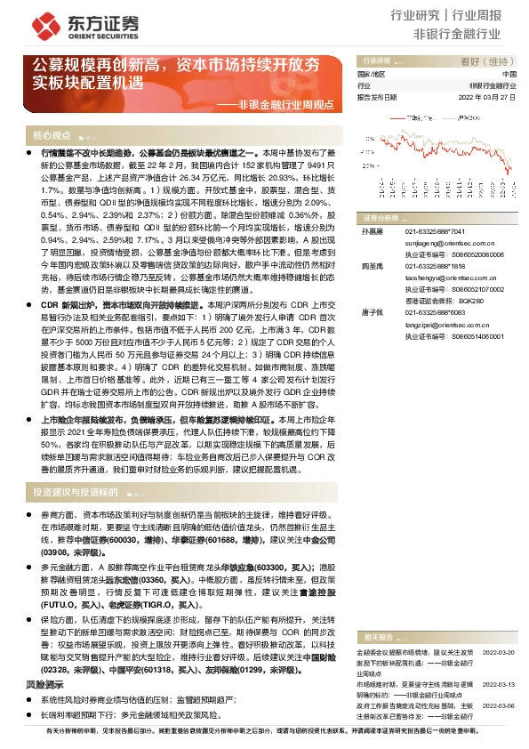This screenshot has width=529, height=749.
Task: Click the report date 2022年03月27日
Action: (x=492, y=98)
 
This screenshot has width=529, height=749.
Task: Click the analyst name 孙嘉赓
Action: (x=370, y=230)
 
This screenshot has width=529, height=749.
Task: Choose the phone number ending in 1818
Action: (x=435, y=266)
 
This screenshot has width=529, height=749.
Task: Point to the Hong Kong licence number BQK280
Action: (x=470, y=301)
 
